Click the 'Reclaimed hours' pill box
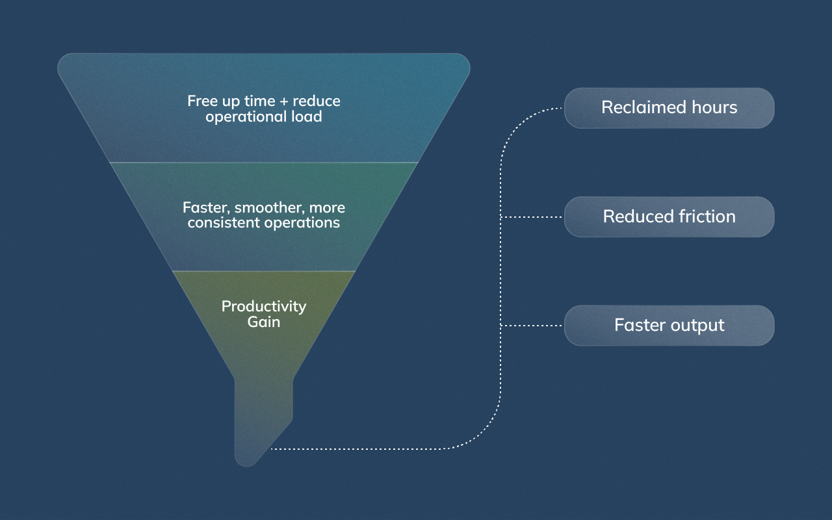tap(669, 108)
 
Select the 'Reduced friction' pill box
tap(669, 216)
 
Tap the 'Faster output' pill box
tap(669, 325)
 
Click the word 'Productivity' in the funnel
tap(264, 306)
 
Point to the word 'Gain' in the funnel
tap(264, 322)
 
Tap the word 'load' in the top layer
tap(306, 117)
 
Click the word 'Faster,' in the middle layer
tap(206, 208)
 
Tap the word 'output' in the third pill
tap(698, 325)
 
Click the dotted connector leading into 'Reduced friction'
tap(533, 217)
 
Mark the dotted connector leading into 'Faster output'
tap(533, 326)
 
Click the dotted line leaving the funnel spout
tap(364, 448)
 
